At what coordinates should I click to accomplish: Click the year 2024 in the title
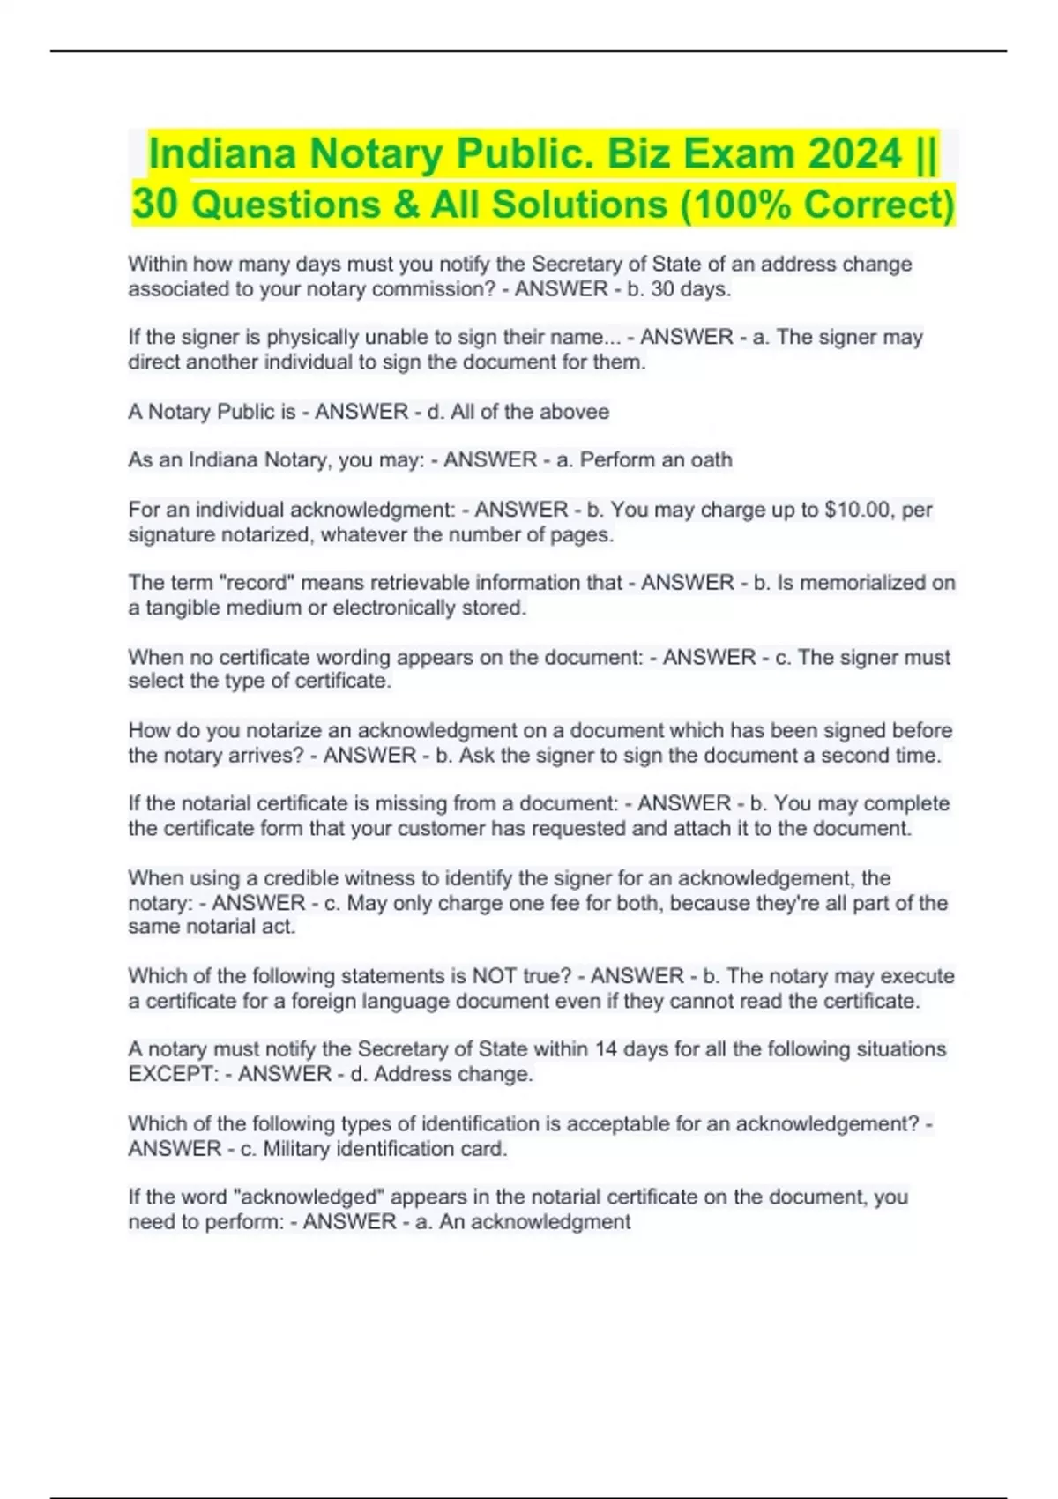pyautogui.click(x=855, y=153)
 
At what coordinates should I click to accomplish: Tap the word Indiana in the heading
pyautogui.click(x=222, y=153)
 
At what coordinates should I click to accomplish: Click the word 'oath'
pyautogui.click(x=712, y=460)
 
